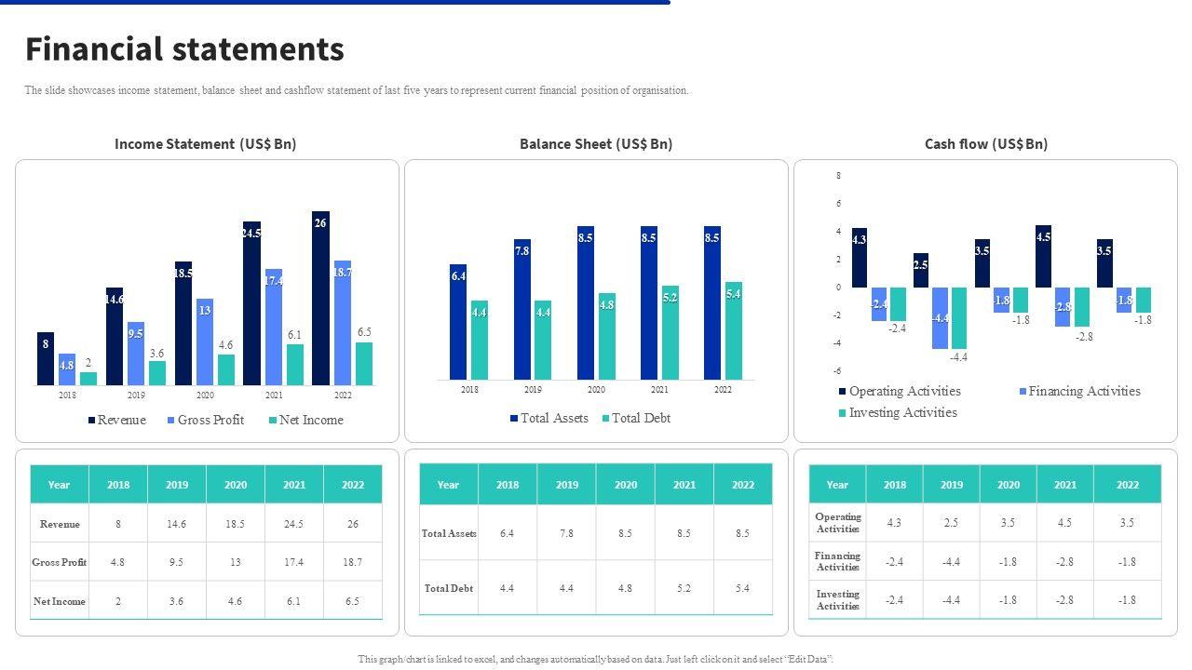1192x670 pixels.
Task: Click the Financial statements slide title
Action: (x=184, y=49)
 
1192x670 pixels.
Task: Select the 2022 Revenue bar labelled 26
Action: (x=320, y=298)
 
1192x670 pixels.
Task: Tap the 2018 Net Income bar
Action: (x=88, y=378)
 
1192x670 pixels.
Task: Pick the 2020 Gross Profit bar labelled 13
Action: (x=205, y=342)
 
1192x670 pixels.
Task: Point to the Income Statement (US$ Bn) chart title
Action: (x=205, y=143)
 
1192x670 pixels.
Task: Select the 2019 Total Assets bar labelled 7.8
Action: (x=521, y=309)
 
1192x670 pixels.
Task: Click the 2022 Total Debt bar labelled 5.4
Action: (x=734, y=330)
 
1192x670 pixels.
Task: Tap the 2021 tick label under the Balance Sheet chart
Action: (x=659, y=390)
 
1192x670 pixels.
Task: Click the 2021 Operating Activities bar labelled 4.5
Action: (x=1044, y=256)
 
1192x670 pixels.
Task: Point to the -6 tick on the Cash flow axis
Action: (x=838, y=371)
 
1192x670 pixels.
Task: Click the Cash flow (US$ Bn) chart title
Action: (x=985, y=143)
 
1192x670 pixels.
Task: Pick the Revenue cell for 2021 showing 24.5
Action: (x=293, y=524)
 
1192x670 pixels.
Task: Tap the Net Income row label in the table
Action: (x=60, y=601)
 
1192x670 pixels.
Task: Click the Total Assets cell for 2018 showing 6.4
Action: (x=508, y=533)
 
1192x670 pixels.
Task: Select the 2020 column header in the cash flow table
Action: (x=1008, y=485)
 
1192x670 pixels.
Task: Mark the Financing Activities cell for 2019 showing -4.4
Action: (x=951, y=561)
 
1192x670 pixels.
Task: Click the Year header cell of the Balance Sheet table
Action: (x=448, y=485)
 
